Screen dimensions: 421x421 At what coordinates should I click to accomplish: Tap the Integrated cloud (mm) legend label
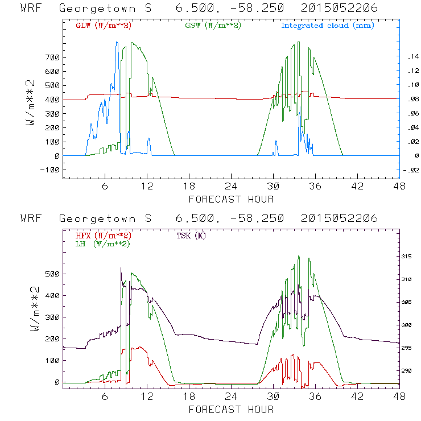(327, 26)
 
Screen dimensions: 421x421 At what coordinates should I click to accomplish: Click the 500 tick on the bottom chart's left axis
(52, 274)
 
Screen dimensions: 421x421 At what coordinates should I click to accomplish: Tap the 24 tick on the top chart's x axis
(230, 187)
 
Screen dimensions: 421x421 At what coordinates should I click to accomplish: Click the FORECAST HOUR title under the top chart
(231, 199)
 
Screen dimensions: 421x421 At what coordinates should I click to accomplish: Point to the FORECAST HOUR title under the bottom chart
(231, 409)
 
